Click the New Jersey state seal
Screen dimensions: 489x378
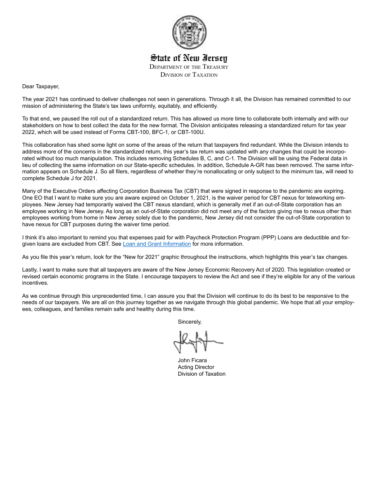coord(189,32)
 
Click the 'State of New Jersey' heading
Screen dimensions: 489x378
coord(189,58)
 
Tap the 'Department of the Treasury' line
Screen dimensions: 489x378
coord(189,67)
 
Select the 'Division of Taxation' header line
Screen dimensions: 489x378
coord(189,75)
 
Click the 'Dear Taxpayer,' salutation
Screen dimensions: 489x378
coord(41,86)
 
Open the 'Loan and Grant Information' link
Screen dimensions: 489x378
coord(157,244)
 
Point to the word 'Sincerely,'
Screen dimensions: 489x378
coord(189,322)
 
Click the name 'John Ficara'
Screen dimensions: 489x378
coord(192,360)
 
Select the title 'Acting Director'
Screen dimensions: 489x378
coord(196,367)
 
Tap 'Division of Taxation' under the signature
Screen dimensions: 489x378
coord(201,374)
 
